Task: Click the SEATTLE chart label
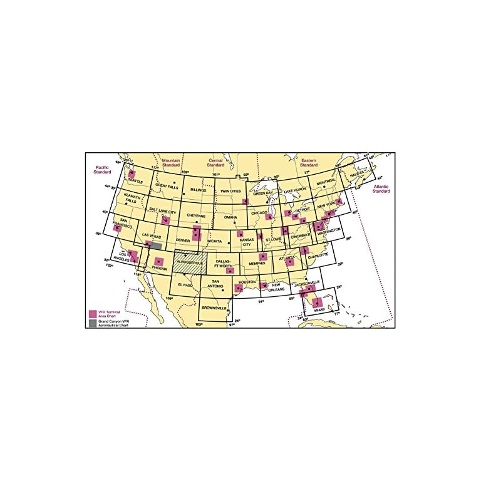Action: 135,182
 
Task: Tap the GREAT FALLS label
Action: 167,185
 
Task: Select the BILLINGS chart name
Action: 197,189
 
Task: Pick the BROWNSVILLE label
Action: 215,308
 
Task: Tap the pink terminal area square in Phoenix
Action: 159,261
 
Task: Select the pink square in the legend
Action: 93,313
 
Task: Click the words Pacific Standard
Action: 103,168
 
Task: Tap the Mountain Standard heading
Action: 171,162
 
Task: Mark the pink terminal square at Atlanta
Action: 290,261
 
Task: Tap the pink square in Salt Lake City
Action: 165,220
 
